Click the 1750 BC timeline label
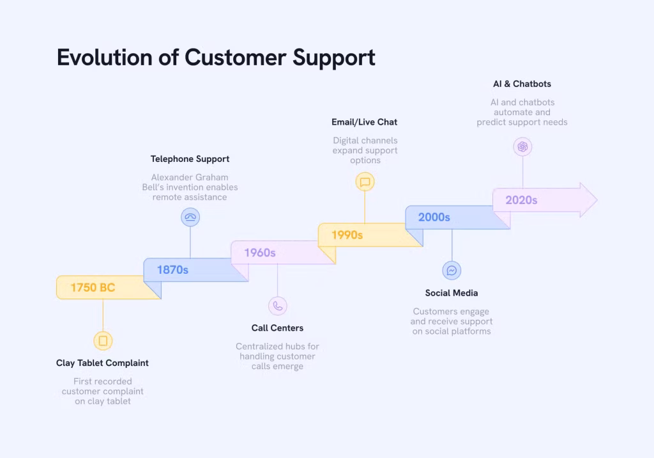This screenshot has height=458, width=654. point(93,288)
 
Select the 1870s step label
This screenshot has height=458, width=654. point(172,270)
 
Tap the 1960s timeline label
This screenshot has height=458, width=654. point(260,253)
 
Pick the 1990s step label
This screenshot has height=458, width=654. point(347,235)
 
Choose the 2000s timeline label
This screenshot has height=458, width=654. point(434,217)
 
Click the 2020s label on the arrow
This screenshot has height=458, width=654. point(521,200)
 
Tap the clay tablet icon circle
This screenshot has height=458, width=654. point(103,341)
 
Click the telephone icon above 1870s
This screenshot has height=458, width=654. point(190,217)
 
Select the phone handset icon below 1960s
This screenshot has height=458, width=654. point(277,306)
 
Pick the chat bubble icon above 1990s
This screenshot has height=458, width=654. point(365,182)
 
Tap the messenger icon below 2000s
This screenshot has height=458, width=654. point(452,271)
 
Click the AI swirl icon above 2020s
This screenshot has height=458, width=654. point(522,147)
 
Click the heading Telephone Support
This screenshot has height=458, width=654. point(190,159)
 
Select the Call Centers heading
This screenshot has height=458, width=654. point(277,328)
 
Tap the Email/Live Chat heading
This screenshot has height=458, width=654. point(364,122)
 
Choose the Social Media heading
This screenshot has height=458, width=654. point(452,293)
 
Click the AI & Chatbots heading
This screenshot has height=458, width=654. point(522,84)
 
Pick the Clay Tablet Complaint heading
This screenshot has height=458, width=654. point(102,363)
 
